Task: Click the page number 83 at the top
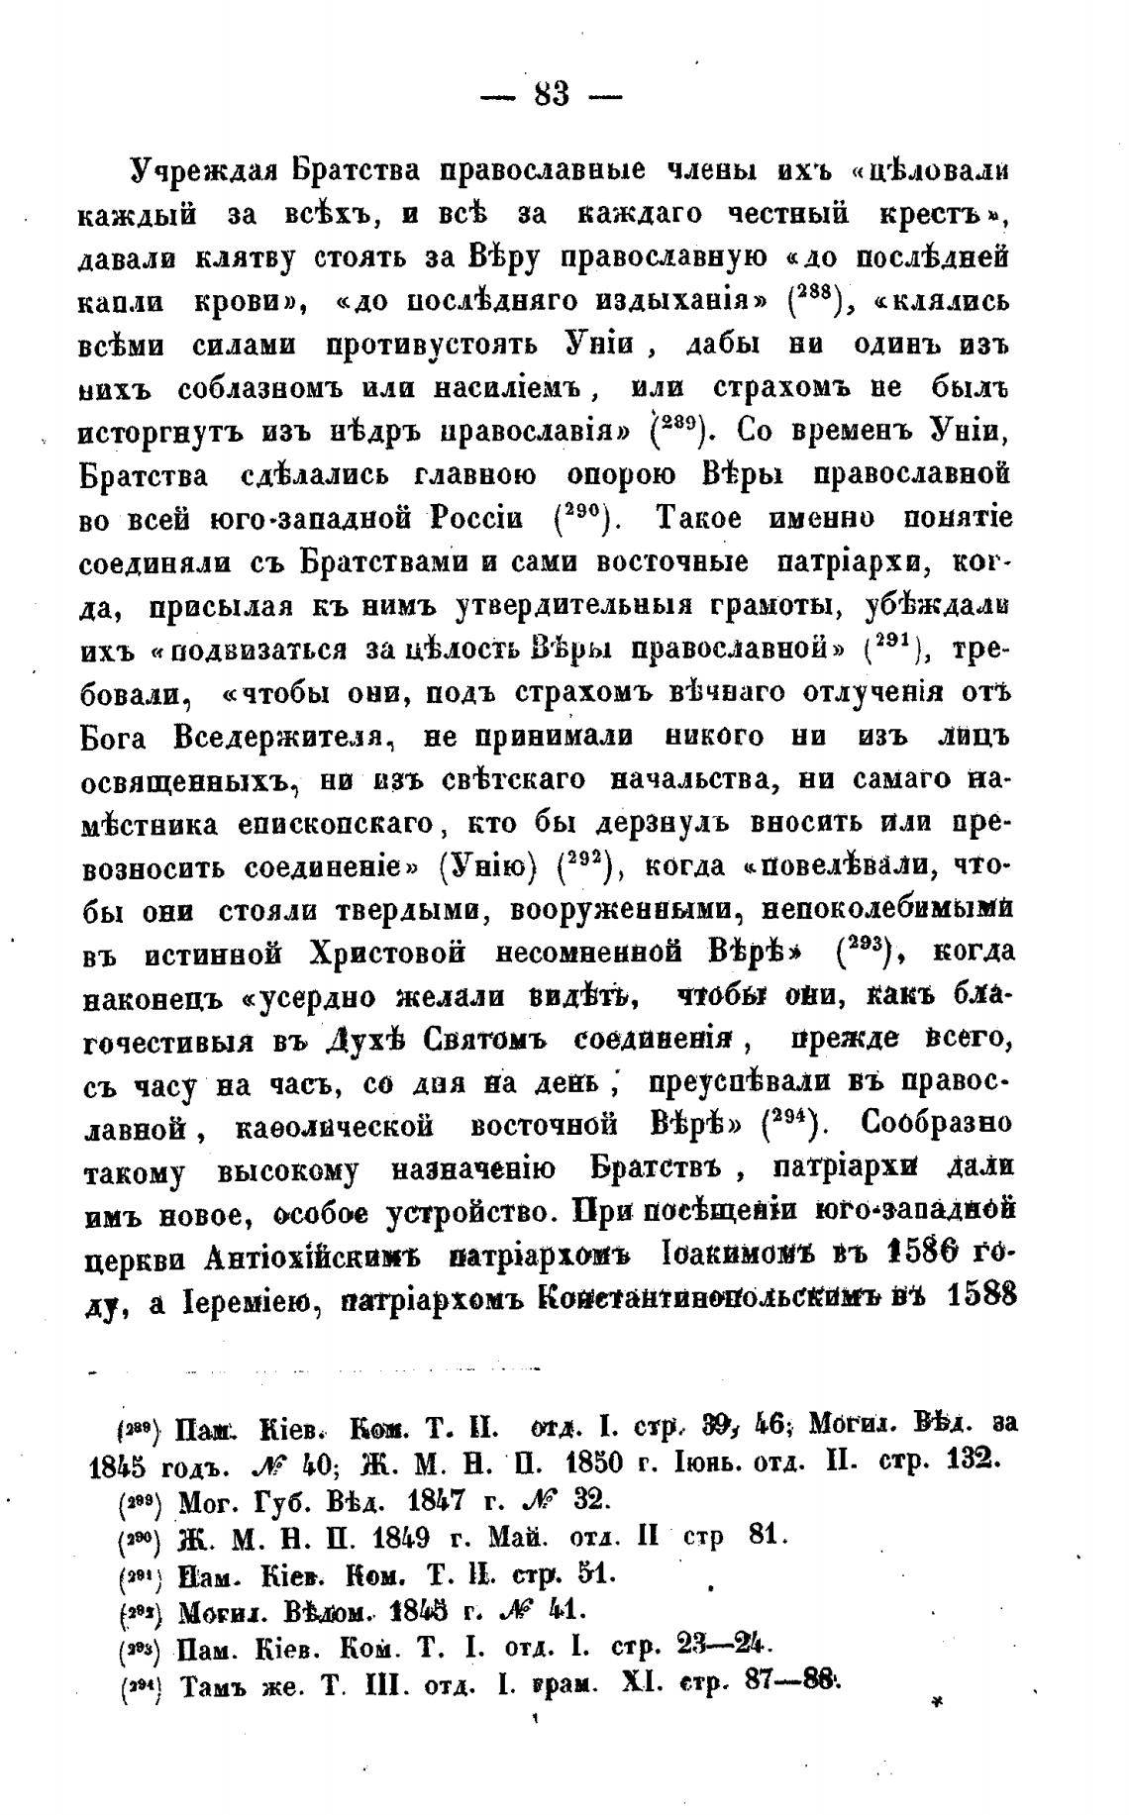click(552, 95)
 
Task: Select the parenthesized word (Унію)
click(487, 867)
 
